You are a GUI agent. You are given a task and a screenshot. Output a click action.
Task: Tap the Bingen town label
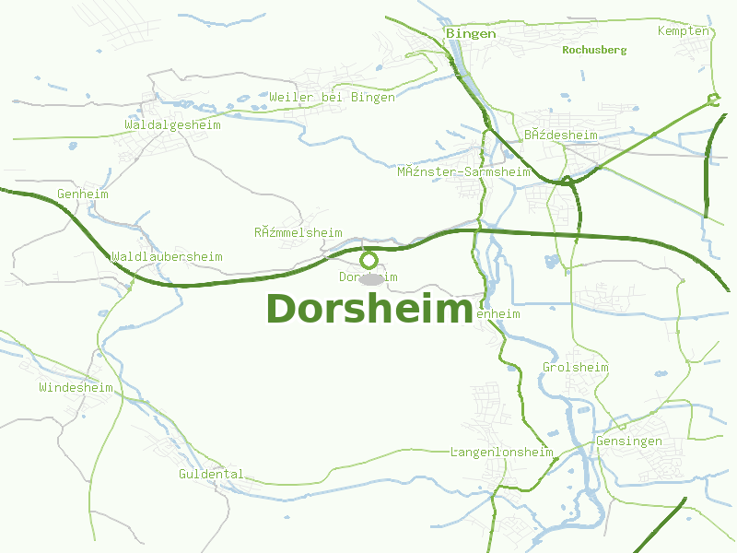pos(471,34)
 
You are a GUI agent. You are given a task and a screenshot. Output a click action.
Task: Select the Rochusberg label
pos(594,50)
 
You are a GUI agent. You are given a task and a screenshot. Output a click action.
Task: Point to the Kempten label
pos(684,31)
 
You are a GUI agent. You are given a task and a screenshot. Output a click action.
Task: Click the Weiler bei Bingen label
pos(332,97)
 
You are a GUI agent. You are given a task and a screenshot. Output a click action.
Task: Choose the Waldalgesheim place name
pos(173,124)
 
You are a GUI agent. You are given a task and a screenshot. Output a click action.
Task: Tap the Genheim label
pos(83,194)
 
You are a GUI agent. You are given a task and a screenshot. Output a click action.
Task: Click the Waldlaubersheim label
pos(167,257)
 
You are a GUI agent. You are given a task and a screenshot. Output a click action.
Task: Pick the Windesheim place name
pos(76,388)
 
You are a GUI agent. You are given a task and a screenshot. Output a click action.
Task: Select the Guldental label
pos(211,475)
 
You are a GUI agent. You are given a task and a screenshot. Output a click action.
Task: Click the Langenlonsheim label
pos(501,453)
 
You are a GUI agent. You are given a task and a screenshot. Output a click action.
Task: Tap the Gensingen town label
pos(629,441)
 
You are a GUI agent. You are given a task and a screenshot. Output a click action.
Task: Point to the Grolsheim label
pos(576,368)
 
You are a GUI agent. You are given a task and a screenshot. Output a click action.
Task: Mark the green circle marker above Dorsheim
pos(368,260)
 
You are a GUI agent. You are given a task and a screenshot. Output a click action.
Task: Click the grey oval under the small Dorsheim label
pos(370,278)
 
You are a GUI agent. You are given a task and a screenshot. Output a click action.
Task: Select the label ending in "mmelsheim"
pos(298,233)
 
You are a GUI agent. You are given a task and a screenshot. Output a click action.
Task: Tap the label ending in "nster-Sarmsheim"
pos(463,171)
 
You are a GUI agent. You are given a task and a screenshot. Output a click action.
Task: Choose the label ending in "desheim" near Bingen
pos(561,135)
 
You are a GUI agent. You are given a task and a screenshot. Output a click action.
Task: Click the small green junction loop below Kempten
pos(712,100)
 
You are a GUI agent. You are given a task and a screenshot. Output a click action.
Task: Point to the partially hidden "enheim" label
pos(498,314)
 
